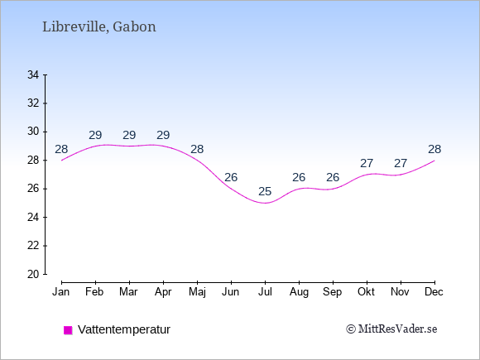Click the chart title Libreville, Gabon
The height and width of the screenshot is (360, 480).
(99, 27)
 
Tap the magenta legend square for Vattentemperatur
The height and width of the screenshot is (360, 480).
(68, 330)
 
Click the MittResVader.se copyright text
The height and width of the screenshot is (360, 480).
(391, 329)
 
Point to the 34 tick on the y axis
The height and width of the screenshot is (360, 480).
(33, 74)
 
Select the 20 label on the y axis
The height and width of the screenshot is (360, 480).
(33, 274)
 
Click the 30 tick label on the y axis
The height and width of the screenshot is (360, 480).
(33, 132)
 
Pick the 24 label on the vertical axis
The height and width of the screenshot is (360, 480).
(33, 218)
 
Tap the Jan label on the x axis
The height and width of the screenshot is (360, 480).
(61, 292)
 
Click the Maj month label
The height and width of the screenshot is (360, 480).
(197, 292)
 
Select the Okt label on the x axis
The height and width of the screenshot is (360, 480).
(366, 292)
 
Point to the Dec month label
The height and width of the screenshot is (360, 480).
(434, 292)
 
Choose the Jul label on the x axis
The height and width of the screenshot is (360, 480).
(265, 292)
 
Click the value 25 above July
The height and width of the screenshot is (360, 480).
(265, 192)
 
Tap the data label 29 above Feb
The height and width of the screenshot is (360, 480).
(95, 135)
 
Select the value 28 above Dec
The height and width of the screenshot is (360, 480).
(434, 150)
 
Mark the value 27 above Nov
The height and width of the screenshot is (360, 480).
(401, 164)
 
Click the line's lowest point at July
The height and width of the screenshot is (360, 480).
(265, 203)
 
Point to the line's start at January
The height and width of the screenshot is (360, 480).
(62, 160)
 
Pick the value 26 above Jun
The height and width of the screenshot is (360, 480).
(231, 177)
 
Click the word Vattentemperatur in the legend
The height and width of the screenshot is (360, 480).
(124, 329)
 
